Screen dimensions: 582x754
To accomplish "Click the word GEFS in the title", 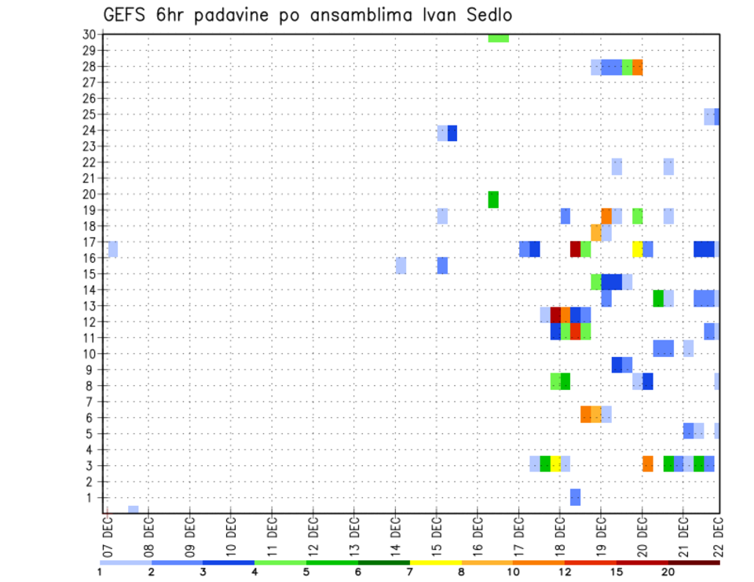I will (124, 15).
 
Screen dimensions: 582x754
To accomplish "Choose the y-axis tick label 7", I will (92, 402).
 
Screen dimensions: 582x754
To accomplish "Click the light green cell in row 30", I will (498, 38).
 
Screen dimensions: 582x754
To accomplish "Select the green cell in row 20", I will (493, 199).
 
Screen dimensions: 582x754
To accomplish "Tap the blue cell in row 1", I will (575, 497).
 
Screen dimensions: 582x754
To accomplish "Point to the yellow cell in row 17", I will (638, 249).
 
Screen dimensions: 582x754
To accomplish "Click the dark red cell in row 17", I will (575, 249).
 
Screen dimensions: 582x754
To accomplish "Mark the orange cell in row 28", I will (638, 67).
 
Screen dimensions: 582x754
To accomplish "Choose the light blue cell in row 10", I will (688, 347).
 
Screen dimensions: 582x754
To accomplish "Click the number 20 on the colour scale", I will (668, 572).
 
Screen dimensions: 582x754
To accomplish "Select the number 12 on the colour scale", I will (565, 572).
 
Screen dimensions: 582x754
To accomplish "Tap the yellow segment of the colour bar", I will (436, 562).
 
